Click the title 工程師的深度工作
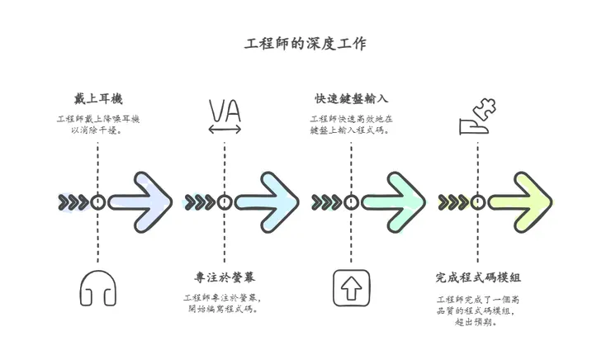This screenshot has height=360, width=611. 305,42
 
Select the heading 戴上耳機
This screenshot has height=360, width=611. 97,98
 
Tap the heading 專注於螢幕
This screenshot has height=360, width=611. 225,277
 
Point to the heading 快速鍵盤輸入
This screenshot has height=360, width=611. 351,98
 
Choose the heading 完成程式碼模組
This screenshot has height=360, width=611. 477,277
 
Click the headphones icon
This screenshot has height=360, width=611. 97,288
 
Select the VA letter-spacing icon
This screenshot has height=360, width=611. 225,116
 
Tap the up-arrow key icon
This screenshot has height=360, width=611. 351,288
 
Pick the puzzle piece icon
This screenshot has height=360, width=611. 477,116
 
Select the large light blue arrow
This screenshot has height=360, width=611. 268,202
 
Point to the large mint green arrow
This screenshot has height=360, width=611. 395,202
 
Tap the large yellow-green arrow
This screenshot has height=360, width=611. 521,202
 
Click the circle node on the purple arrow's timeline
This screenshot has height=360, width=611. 97,202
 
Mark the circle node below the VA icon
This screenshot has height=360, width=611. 225,202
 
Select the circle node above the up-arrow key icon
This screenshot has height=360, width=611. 351,202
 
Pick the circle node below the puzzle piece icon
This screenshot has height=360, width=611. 477,202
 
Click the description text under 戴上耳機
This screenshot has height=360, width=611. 97,124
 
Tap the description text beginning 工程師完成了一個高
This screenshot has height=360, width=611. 477,310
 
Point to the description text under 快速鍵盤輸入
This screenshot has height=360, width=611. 351,124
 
